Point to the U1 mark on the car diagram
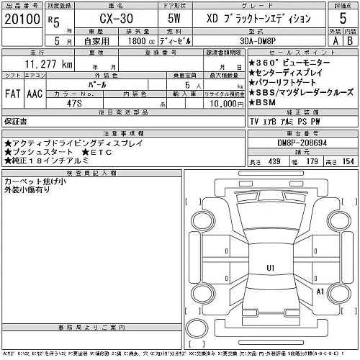(x=271, y=268)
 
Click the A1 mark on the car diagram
(x=320, y=291)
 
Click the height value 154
(x=348, y=163)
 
